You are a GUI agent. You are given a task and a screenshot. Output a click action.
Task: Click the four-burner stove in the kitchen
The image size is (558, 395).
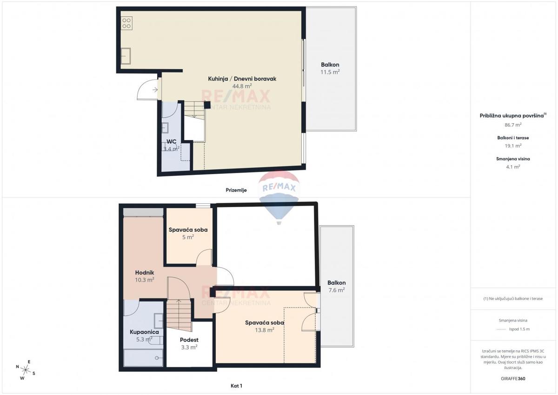tap(126, 23)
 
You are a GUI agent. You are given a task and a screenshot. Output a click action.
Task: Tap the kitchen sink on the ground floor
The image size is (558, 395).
tap(126, 56)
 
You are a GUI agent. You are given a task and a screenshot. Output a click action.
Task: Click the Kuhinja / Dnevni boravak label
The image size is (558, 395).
tap(242, 79)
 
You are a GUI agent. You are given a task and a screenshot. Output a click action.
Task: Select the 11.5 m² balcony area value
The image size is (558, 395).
tap(330, 72)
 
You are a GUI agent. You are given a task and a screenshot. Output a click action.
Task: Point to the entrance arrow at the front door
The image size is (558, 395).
tap(155, 89)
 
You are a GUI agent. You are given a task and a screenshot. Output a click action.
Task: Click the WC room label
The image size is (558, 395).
tap(172, 141)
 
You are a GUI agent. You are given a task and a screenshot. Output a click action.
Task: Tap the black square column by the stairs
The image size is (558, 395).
tap(207, 105)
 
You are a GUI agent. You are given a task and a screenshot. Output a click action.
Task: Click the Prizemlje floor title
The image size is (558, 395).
tap(236, 190)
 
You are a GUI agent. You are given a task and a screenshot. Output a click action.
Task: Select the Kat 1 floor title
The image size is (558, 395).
tap(236, 386)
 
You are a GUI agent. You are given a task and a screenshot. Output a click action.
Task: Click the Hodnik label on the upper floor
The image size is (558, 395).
tap(145, 273)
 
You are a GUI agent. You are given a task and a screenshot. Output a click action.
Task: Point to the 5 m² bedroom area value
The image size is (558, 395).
tap(188, 237)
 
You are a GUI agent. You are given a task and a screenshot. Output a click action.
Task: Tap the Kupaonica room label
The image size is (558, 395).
tap(144, 332)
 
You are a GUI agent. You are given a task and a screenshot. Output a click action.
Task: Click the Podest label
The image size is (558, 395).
tap(189, 340)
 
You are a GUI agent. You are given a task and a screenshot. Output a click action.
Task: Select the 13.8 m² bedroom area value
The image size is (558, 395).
tap(265, 330)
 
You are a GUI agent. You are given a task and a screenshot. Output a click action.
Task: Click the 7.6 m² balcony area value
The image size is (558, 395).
tap(337, 290)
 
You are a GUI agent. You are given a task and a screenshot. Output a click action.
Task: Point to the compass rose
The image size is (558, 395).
tap(26, 370)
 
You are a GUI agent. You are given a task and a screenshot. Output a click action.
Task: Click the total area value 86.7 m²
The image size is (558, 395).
tap(513, 125)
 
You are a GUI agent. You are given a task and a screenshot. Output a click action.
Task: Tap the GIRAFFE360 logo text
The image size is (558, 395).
tap(513, 379)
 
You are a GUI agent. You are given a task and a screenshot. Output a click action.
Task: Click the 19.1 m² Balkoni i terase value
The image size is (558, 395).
tap(513, 146)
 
